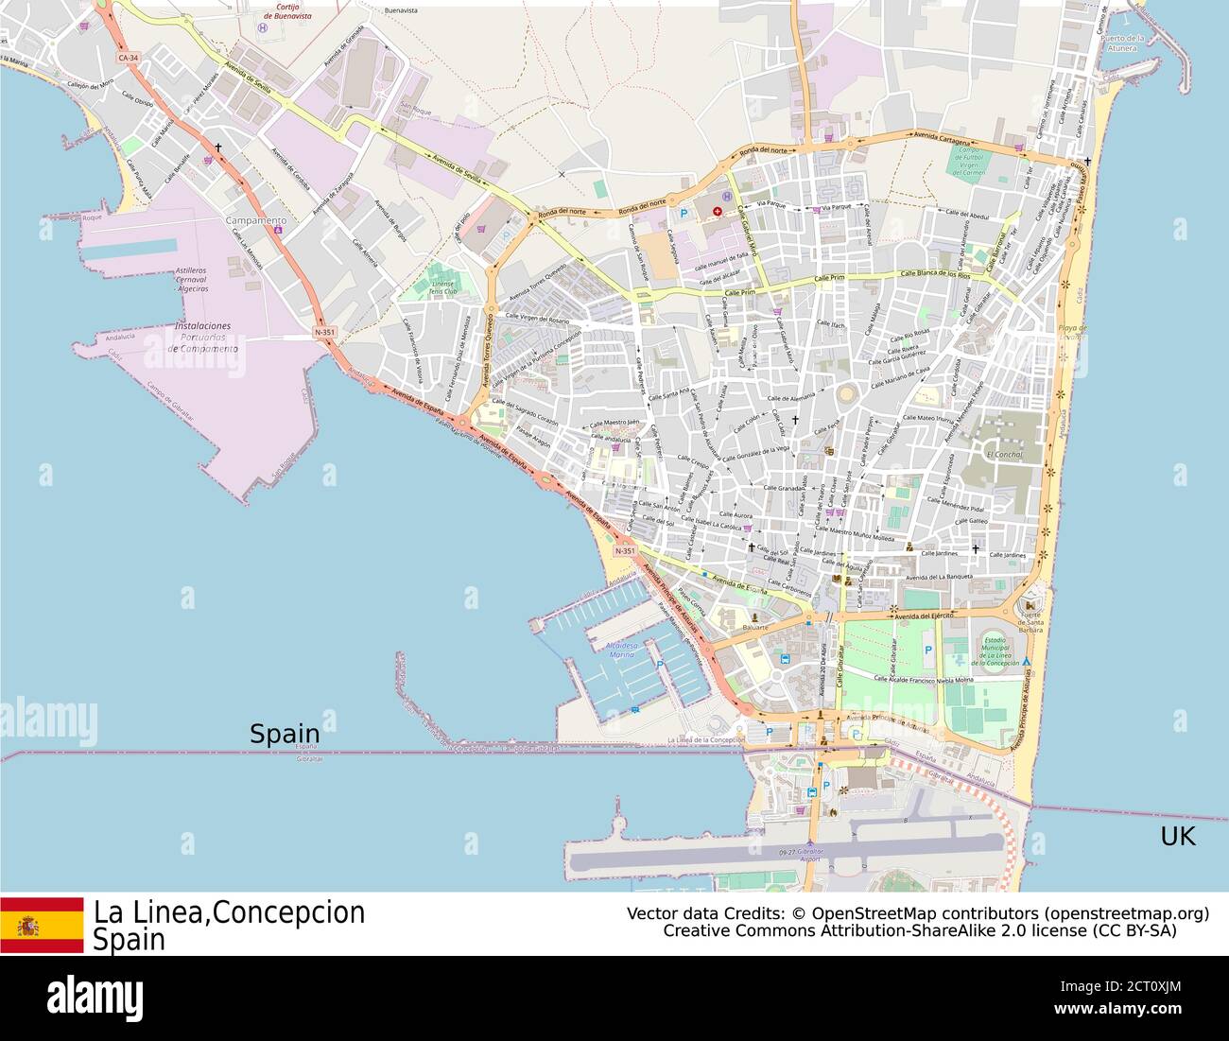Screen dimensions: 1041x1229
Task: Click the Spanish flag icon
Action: [x=42, y=926]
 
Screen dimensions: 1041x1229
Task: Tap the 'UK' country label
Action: [x=1178, y=836]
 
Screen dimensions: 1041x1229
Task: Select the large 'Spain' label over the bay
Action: [x=285, y=734]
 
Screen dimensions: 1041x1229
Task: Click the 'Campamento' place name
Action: [x=255, y=220]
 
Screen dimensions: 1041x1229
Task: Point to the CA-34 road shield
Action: [x=130, y=58]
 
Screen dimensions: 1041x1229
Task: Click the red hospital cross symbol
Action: [x=718, y=212]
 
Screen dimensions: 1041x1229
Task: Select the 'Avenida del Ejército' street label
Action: [x=925, y=616]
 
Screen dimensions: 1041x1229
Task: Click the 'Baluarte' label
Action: [x=754, y=627]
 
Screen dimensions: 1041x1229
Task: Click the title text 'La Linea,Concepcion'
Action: [x=229, y=912]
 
